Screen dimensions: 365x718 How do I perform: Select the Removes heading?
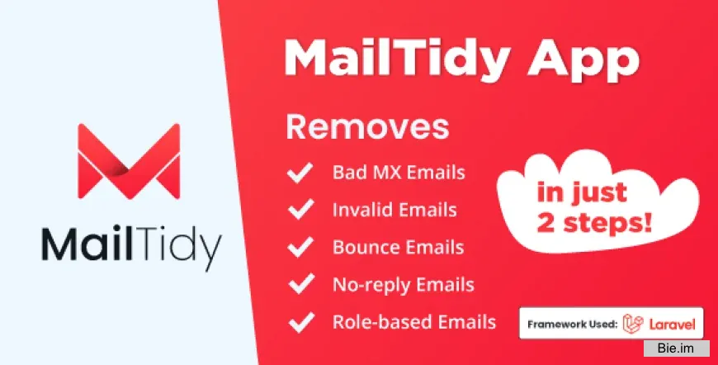(x=367, y=128)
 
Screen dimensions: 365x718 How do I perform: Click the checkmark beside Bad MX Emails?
(x=299, y=173)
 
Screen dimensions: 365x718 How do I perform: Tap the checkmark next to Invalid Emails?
(x=299, y=211)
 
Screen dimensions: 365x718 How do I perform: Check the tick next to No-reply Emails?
(x=299, y=285)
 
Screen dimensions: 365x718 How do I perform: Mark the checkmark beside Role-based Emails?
(x=299, y=322)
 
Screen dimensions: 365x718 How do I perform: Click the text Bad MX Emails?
(x=399, y=173)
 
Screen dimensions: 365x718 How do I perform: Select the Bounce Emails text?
(x=398, y=248)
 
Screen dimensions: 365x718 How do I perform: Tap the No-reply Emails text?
(x=404, y=285)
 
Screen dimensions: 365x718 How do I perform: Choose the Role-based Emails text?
(x=414, y=322)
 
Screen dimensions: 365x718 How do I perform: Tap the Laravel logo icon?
(x=633, y=324)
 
